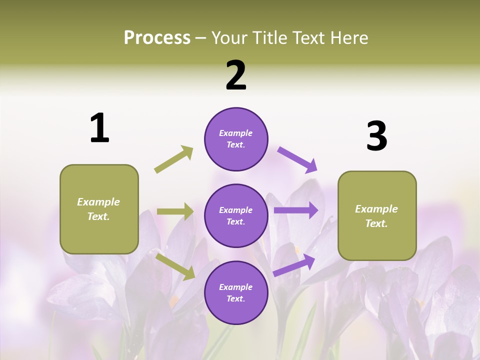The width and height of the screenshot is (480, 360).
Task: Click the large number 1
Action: [99, 128]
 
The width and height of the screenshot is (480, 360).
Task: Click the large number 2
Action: [236, 75]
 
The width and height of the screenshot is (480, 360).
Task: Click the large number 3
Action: [376, 136]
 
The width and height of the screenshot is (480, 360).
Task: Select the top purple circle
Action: [236, 139]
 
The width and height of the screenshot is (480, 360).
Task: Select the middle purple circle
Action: [236, 215]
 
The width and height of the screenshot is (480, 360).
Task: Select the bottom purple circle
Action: [236, 292]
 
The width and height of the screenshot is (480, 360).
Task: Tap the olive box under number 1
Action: [99, 209]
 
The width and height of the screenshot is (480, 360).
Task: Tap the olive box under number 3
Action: [377, 216]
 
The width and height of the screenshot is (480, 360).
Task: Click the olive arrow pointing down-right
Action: [175, 266]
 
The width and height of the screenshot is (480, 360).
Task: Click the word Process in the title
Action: [157, 37]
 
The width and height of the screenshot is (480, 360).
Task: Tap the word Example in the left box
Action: [98, 202]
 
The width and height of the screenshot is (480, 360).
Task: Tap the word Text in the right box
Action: [376, 223]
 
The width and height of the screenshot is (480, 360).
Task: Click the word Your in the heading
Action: [230, 37]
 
